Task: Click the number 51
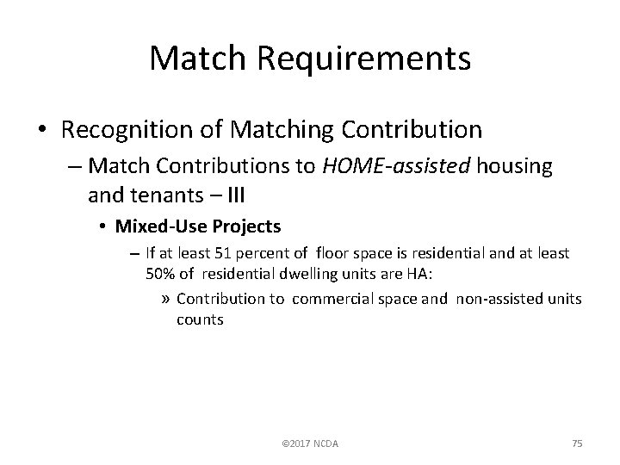(x=215, y=253)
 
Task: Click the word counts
(x=200, y=319)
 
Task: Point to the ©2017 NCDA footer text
(x=311, y=443)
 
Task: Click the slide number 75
(x=577, y=443)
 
